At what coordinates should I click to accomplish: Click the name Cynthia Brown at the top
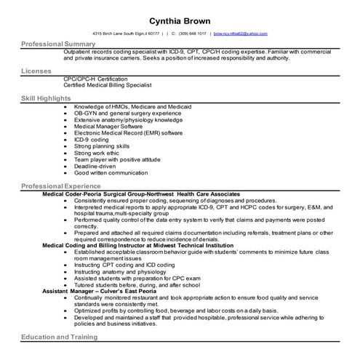[180, 20]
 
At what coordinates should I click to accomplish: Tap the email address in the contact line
[240, 33]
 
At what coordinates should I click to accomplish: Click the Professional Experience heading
[61, 187]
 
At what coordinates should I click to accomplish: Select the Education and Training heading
[60, 337]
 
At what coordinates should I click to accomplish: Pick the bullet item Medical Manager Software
[108, 127]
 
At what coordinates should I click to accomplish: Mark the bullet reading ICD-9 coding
[91, 138]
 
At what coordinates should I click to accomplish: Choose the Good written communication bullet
[111, 172]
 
